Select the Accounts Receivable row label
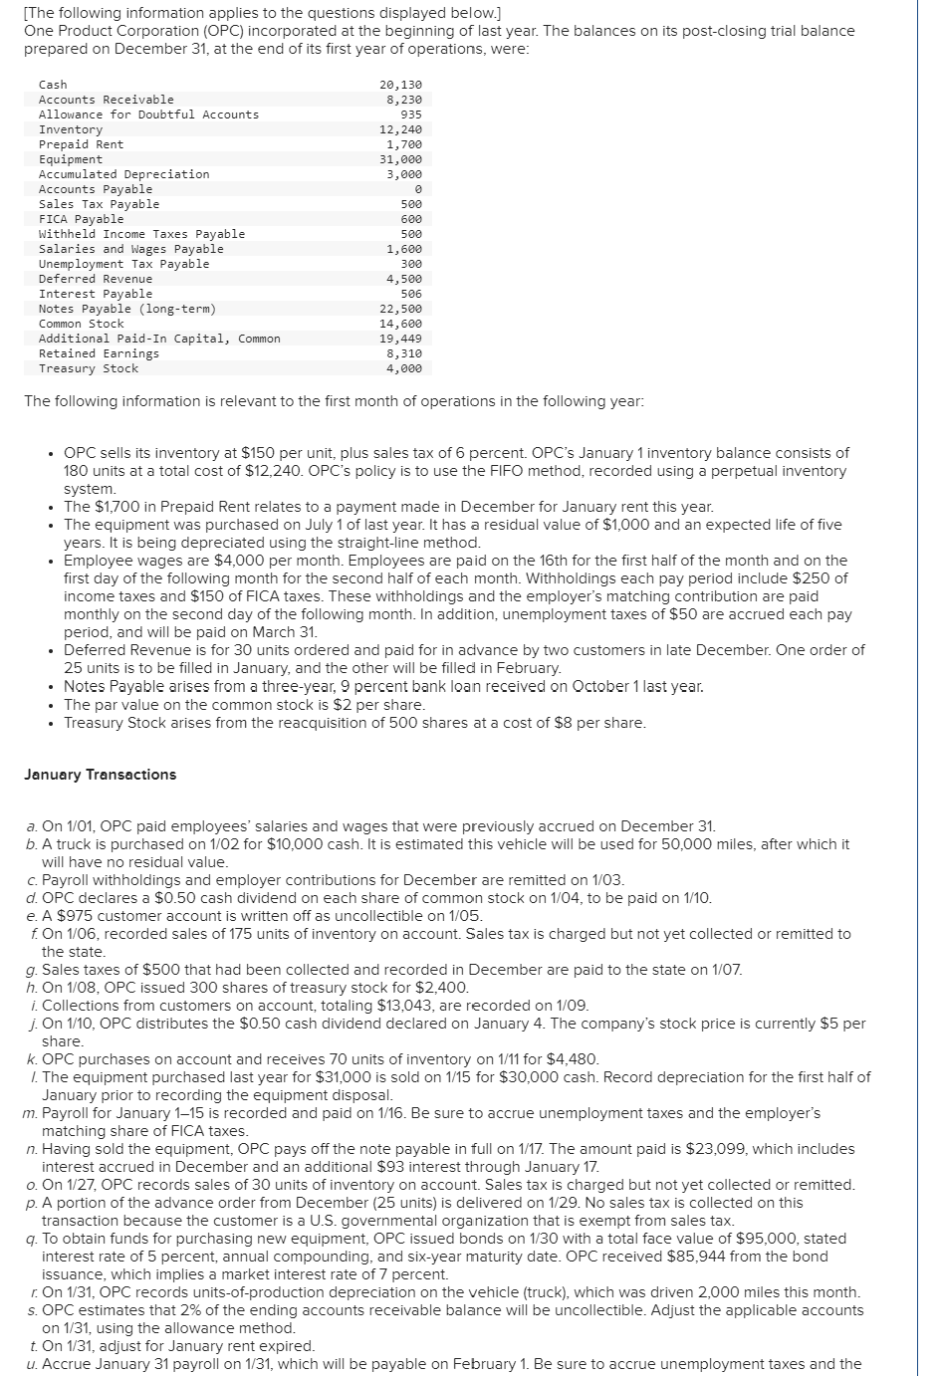pos(106,100)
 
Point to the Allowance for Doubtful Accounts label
pos(148,115)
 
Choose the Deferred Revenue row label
pos(96,279)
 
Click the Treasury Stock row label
pos(89,368)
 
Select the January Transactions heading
pos(100,775)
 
